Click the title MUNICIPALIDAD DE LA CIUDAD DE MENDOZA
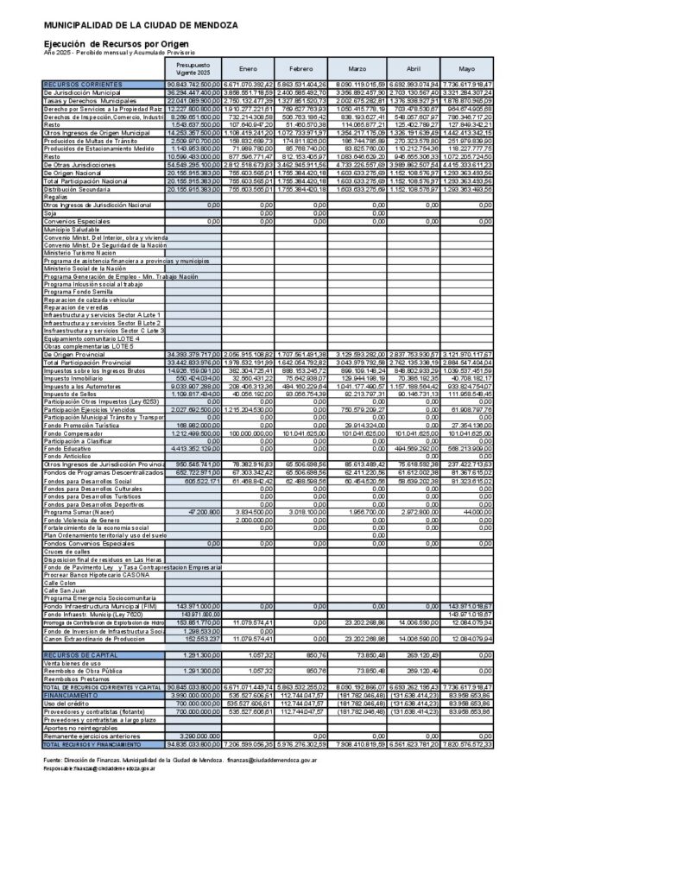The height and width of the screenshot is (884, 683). [x=141, y=26]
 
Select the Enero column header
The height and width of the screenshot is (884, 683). [x=248, y=68]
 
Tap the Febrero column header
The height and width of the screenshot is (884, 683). [x=301, y=68]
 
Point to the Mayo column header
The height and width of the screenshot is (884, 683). [x=467, y=68]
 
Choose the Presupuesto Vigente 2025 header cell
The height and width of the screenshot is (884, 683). [x=193, y=68]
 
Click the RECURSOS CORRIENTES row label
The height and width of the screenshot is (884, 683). [x=83, y=85]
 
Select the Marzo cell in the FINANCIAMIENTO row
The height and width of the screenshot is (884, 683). [x=356, y=694]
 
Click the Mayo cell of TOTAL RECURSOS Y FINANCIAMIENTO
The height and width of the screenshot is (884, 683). [x=467, y=743]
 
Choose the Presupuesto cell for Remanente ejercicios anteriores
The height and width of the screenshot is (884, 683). [x=193, y=736]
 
